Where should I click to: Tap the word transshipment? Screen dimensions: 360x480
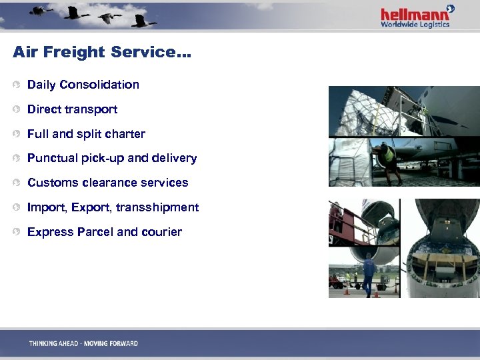157,207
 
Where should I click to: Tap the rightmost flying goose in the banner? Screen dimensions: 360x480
141,21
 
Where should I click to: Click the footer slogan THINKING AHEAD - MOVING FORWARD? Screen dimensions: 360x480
83,343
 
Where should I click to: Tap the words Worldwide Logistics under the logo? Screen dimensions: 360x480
415,25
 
